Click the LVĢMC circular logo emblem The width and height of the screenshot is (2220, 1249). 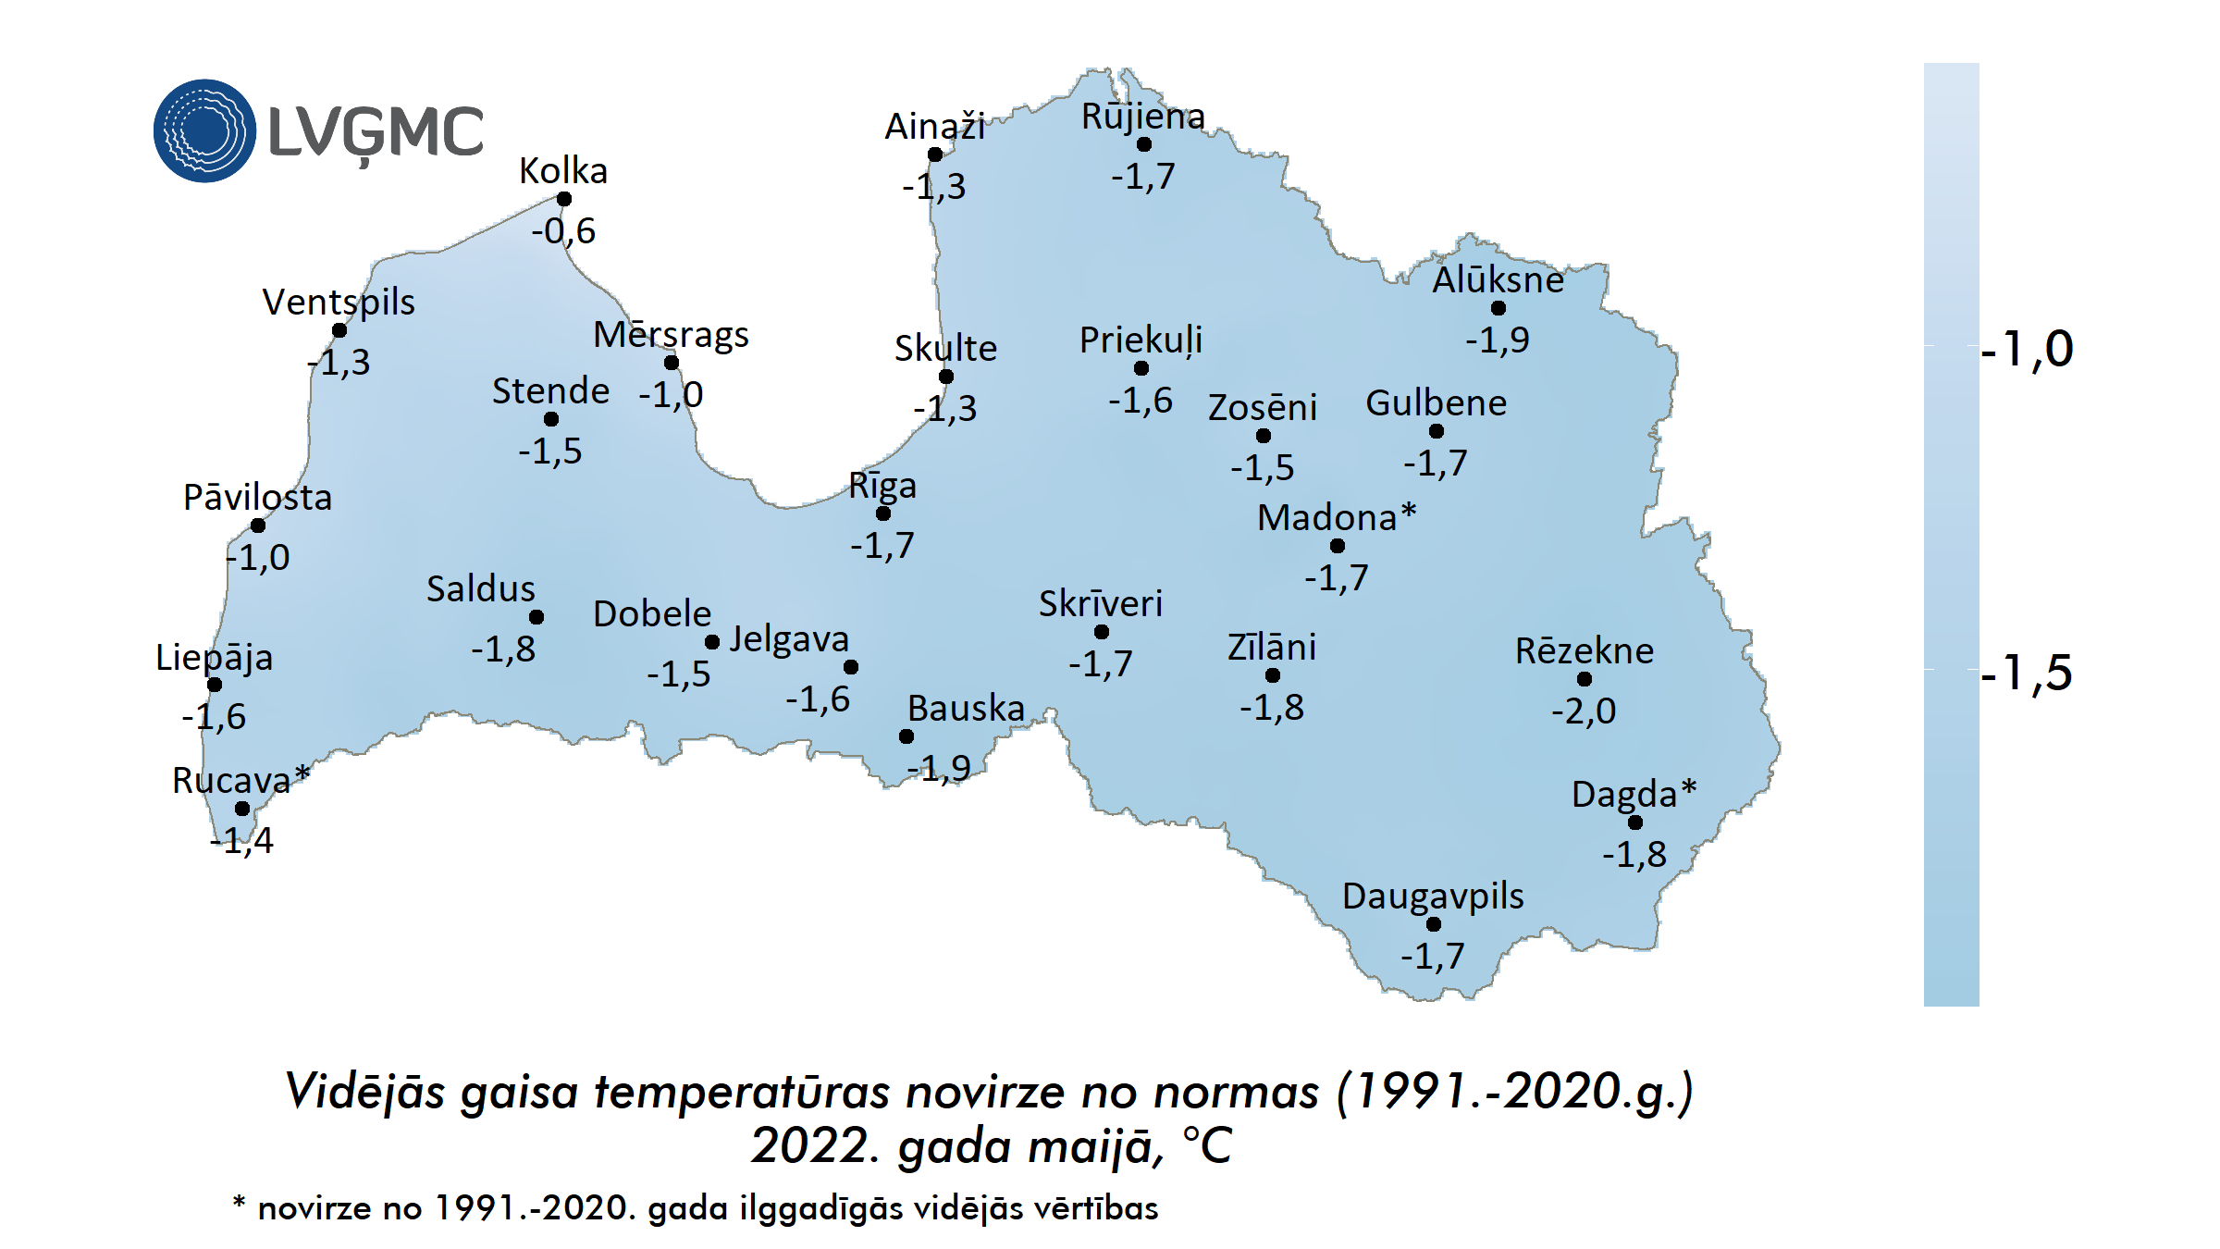(204, 130)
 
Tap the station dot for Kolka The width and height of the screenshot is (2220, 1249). (564, 199)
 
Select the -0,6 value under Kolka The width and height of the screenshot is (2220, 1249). (563, 231)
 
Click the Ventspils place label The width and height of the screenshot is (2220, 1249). (339, 303)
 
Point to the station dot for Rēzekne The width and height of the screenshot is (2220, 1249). (1585, 679)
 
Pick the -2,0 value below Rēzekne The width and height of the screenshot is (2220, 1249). (1584, 711)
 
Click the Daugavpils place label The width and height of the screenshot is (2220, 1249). (1433, 897)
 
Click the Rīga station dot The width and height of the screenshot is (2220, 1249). (883, 513)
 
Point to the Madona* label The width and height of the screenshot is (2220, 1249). (1337, 518)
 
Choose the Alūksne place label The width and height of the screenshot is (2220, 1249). (1498, 280)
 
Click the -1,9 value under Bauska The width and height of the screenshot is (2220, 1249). (939, 769)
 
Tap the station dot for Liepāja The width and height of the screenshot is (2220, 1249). (215, 685)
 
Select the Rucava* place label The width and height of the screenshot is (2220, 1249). (240, 781)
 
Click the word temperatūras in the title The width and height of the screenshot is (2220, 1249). (742, 1092)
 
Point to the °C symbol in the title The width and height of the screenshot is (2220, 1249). (1207, 1146)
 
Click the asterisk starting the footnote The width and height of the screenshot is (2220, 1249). (239, 1203)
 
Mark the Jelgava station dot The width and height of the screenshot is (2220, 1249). (851, 667)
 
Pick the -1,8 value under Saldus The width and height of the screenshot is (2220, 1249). (503, 649)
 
